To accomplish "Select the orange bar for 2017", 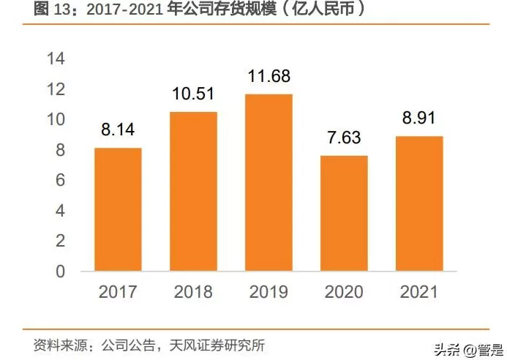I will point(119,209).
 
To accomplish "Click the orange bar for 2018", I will point(193,192).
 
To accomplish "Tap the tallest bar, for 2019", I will point(268,183).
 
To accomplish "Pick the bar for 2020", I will point(344,213).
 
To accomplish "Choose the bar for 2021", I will point(419,203).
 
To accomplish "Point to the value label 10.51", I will point(194,96).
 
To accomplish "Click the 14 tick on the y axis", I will point(56,59).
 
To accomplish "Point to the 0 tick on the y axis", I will point(60,271).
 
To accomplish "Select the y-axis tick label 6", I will point(60,180).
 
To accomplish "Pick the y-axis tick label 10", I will point(56,119).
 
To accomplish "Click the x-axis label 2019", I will point(269,292).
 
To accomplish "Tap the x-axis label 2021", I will point(419,292).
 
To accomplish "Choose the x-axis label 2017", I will point(119,292).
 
